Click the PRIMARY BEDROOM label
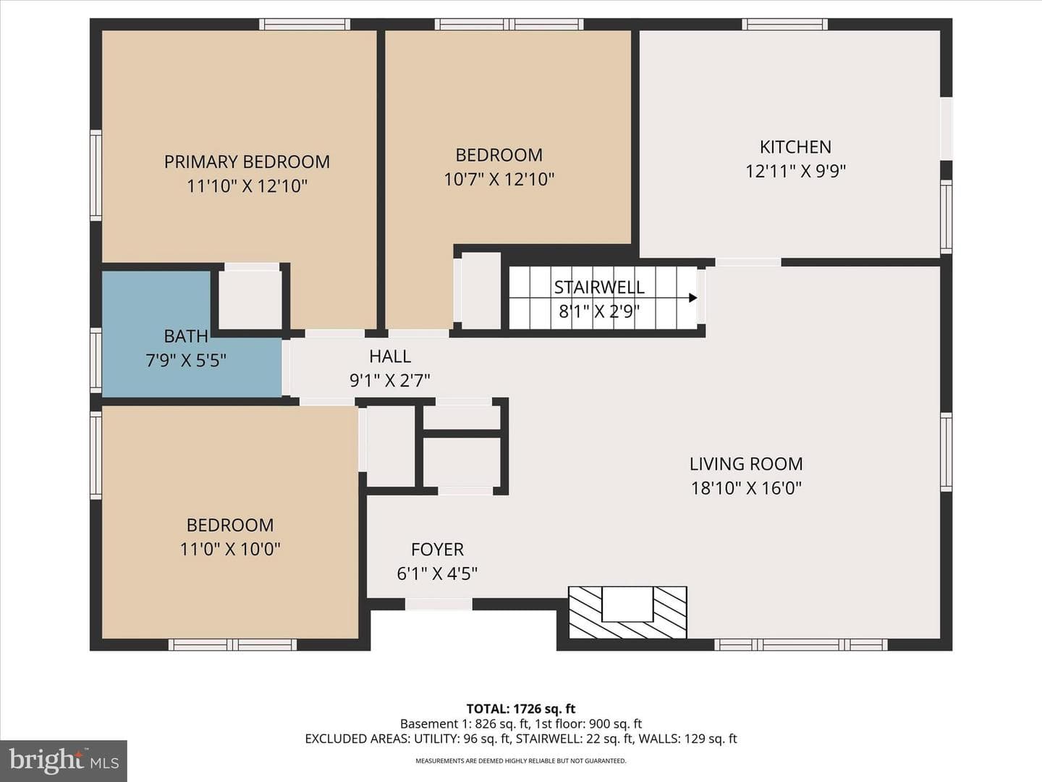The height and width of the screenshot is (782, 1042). click(x=247, y=162)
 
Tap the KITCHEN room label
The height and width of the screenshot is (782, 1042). click(x=796, y=147)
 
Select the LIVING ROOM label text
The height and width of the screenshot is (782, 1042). click(x=746, y=464)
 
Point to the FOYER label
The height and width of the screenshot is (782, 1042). click(x=437, y=550)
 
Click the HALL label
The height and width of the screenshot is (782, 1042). click(x=390, y=356)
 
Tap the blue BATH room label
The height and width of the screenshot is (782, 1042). click(x=186, y=336)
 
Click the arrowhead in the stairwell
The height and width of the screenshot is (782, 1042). click(x=693, y=298)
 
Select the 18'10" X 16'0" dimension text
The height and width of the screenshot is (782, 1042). click(x=746, y=488)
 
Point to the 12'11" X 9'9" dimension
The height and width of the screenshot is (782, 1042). click(x=796, y=171)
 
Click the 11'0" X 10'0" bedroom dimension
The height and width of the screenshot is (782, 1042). click(x=230, y=550)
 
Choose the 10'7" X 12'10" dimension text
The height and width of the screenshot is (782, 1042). click(x=499, y=180)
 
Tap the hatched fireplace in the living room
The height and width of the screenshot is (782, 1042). click(x=627, y=612)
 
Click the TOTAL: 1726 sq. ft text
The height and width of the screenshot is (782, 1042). click(x=521, y=709)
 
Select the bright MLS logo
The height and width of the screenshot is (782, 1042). click(x=64, y=761)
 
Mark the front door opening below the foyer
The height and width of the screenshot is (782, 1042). click(x=439, y=604)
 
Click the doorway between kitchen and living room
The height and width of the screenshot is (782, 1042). click(x=748, y=262)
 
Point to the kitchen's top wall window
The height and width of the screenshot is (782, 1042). click(x=784, y=24)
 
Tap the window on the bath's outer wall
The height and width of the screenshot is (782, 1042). click(x=96, y=361)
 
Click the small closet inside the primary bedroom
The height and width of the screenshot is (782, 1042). click(x=250, y=299)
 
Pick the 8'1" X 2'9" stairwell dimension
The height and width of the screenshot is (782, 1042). click(x=599, y=311)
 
